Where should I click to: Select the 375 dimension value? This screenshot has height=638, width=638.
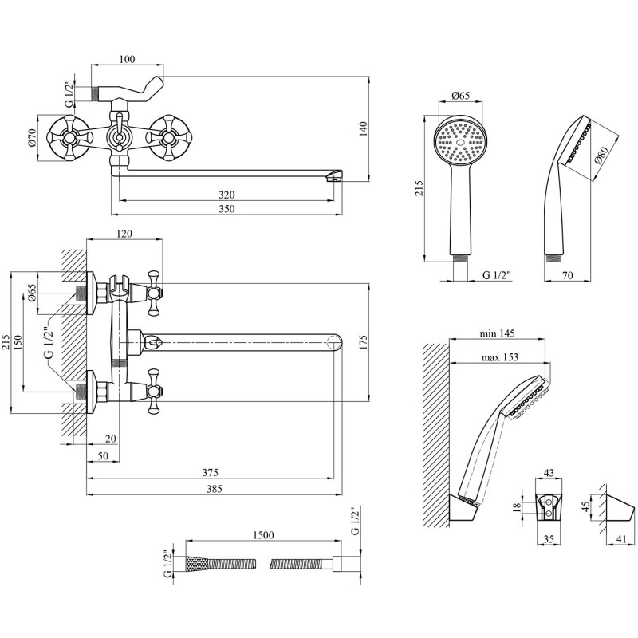click(211, 472)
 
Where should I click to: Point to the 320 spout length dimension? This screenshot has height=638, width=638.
click(226, 195)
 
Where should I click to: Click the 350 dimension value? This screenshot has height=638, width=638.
click(226, 209)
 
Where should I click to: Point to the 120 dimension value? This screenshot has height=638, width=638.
click(124, 233)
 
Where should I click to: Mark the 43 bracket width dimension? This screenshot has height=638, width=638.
click(548, 474)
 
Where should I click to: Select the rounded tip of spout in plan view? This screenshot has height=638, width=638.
click(335, 342)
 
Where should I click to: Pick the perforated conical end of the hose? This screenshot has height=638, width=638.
click(197, 562)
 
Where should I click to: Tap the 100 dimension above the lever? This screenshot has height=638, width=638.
click(126, 59)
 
